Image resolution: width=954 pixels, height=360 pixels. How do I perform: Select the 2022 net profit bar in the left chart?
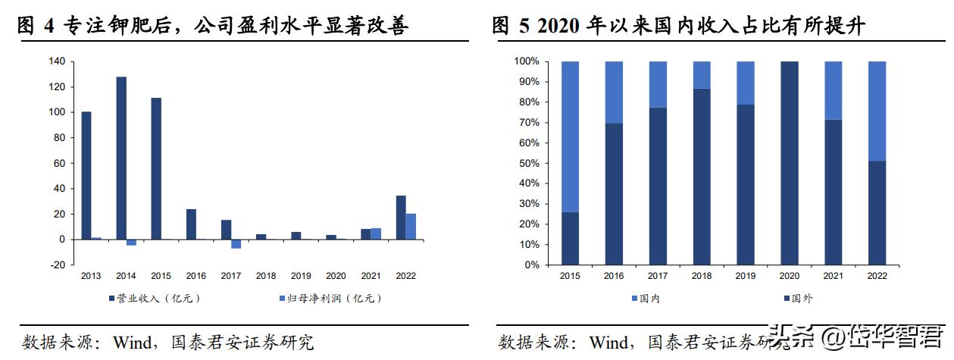coord(411,227)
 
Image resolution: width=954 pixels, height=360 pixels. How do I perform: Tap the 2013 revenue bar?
coord(86,176)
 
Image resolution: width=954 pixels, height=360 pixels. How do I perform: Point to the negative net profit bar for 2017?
coord(236,244)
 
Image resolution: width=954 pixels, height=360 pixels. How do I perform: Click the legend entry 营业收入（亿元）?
coord(155,298)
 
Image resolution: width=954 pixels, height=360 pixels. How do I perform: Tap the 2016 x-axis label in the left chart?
coord(196,277)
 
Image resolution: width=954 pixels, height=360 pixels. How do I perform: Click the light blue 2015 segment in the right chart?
coord(570,136)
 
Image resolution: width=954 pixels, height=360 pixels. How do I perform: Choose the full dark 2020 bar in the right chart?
coord(789,163)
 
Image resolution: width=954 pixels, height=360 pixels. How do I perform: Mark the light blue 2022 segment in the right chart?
coord(876,111)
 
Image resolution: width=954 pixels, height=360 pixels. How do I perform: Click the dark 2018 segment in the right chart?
coord(701,177)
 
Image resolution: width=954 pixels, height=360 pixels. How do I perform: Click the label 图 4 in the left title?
coord(35,27)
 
